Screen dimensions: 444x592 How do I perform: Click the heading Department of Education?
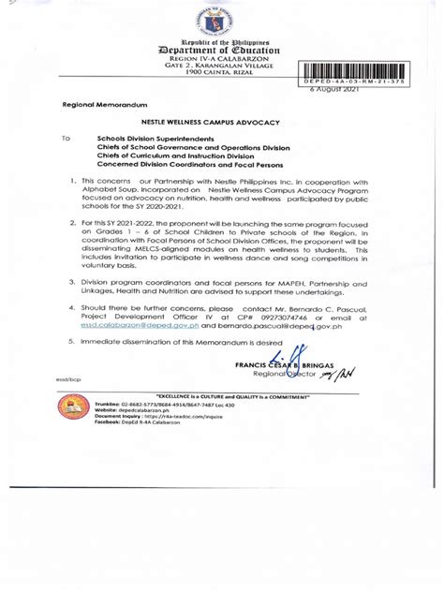222,53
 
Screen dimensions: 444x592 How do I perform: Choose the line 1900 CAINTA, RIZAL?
222,71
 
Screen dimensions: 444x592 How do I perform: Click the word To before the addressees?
66,138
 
